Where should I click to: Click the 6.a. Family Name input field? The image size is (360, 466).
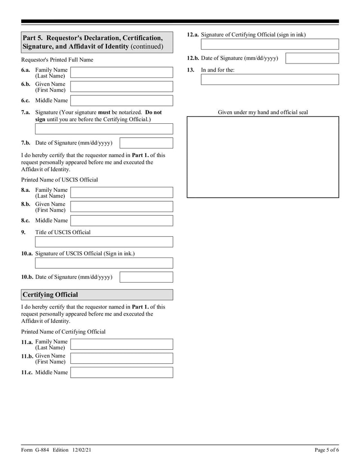121,72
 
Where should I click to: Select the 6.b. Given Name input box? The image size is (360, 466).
121,86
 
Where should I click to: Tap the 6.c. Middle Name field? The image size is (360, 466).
121,100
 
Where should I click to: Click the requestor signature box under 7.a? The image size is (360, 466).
104,129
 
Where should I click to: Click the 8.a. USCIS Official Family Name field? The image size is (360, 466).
121,193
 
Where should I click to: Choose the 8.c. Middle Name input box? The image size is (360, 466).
121,221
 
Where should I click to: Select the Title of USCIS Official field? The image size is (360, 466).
104,242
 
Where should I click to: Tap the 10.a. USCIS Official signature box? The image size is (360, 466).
104,263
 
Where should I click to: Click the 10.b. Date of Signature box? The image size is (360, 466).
146,277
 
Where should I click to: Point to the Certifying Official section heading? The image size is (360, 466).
50,295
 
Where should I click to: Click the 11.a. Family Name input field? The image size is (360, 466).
121,344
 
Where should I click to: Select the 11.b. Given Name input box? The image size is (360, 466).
121,358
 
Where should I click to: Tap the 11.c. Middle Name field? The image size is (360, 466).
121,372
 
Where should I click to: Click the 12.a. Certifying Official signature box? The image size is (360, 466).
270,44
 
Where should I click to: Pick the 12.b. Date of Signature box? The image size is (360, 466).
312,59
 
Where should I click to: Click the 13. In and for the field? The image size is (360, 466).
270,80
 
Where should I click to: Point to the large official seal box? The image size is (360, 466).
263,157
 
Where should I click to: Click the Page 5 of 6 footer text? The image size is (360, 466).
327,450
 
